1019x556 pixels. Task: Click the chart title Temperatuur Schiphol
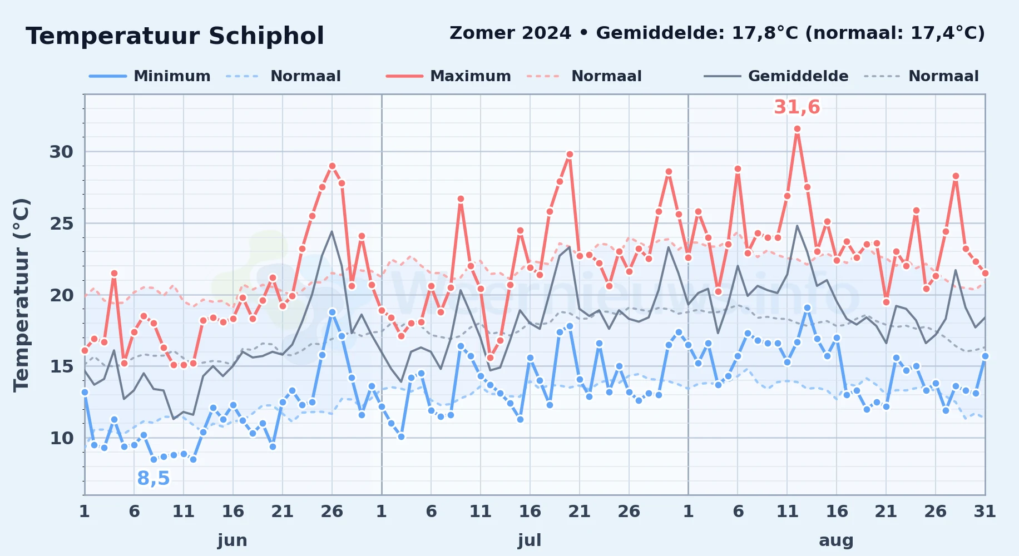pos(175,36)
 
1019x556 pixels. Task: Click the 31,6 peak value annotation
pos(797,107)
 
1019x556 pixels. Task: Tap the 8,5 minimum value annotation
pos(154,478)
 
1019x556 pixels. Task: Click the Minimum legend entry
pos(150,76)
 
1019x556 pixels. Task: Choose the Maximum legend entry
pos(448,76)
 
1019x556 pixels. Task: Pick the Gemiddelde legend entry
pos(776,76)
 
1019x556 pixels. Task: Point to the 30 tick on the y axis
pos(61,152)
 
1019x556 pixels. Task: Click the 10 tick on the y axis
pos(61,438)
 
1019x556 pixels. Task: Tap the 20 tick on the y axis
pos(61,295)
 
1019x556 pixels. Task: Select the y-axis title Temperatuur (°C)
pos(21,295)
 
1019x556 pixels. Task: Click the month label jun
pos(233,540)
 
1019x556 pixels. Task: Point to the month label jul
pos(530,540)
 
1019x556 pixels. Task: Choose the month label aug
pos(836,540)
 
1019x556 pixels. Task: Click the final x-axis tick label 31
pos(985,511)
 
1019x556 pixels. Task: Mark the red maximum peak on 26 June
pos(332,166)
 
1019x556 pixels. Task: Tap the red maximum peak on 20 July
pos(570,154)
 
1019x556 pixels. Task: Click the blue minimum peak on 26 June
pos(332,312)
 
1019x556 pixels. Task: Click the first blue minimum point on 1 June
pos(85,392)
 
